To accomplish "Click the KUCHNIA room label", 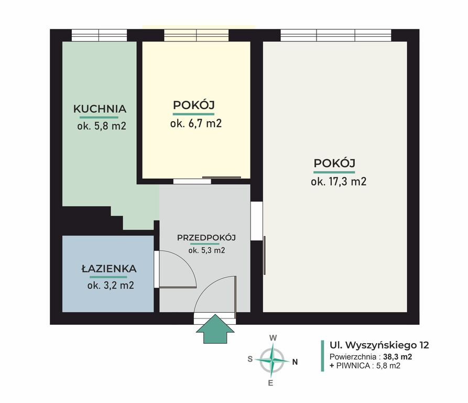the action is [x=100, y=109].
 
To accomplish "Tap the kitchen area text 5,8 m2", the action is [x=110, y=126].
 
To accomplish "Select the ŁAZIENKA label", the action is [x=109, y=269].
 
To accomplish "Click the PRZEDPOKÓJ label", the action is [x=206, y=238].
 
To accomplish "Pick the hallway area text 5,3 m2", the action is [x=214, y=250].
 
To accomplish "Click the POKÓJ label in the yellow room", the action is [x=194, y=105].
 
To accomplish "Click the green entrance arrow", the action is [x=215, y=329].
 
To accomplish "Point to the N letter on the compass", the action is [x=295, y=362].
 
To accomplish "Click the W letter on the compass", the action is [x=273, y=338].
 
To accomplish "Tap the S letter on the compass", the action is [x=250, y=359].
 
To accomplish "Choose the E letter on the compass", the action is [x=270, y=383].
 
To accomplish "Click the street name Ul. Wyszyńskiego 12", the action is [x=379, y=345].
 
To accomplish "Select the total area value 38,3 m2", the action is [x=398, y=356].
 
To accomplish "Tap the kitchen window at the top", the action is [x=99, y=35].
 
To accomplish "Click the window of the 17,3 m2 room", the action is [x=336, y=35].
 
